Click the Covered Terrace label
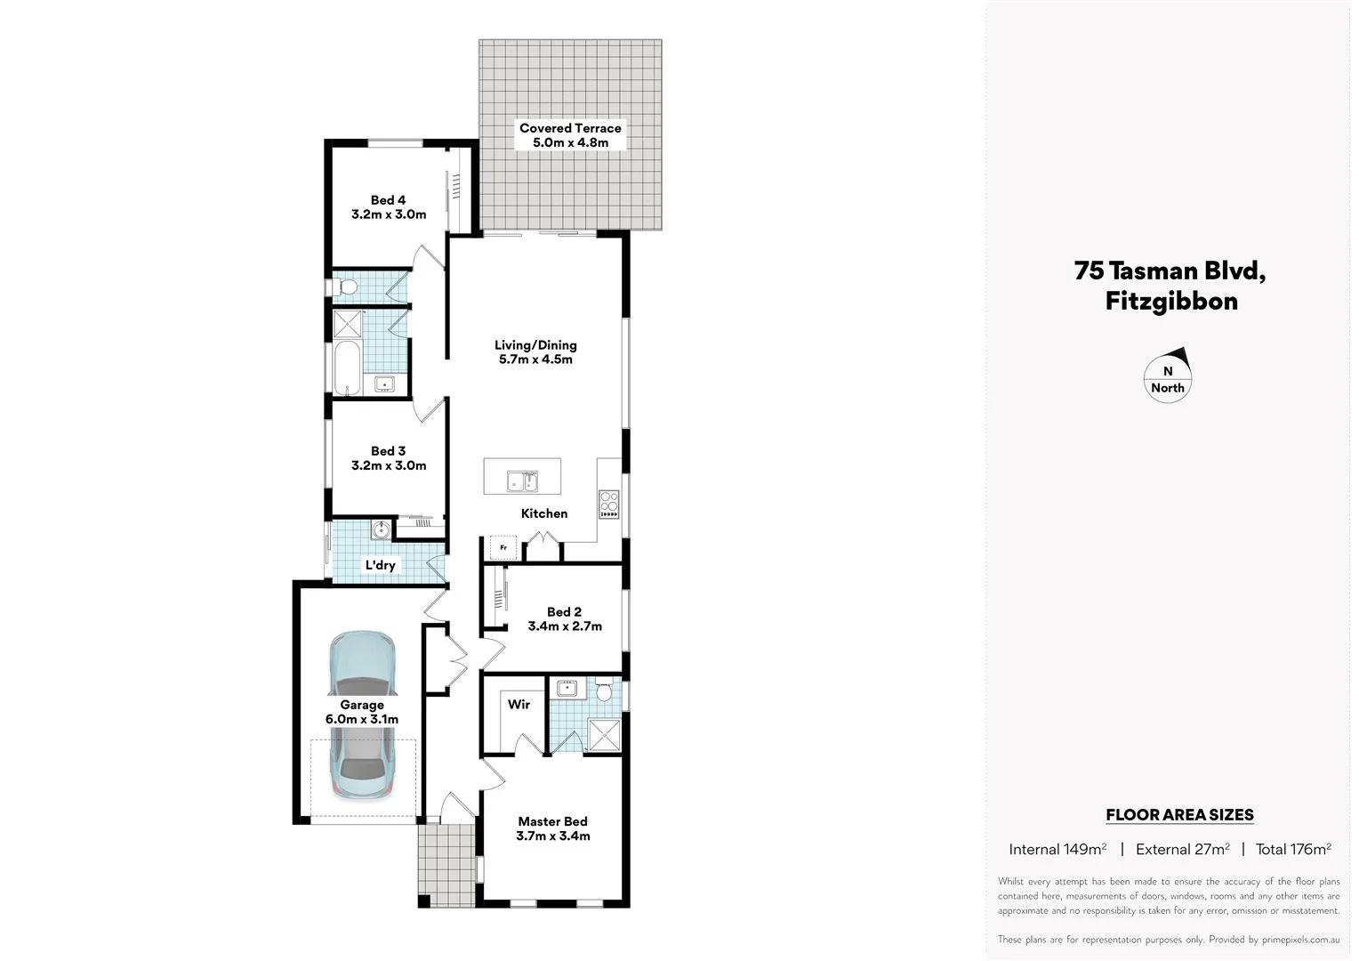tap(570, 128)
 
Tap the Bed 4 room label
tap(388, 200)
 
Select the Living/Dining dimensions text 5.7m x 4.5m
tap(535, 359)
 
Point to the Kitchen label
tap(543, 513)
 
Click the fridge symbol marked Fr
tap(503, 547)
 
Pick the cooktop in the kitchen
tap(609, 505)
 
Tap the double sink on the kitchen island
tap(522, 481)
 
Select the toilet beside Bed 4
tap(345, 287)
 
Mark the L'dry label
tap(380, 565)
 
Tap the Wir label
tap(519, 704)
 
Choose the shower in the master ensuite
tap(605, 735)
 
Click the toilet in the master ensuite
tap(606, 690)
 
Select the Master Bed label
tap(552, 821)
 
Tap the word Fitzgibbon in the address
tap(1170, 301)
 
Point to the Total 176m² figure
tap(1292, 849)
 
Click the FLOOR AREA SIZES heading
tap(1178, 814)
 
